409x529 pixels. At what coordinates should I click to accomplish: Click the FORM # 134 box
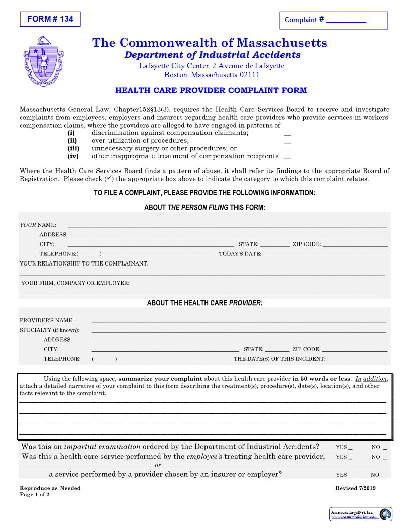click(50, 19)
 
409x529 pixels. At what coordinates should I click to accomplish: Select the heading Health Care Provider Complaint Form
click(211, 91)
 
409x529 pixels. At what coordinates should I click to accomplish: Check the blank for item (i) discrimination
click(287, 134)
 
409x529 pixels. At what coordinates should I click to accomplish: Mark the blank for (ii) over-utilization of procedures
click(287, 142)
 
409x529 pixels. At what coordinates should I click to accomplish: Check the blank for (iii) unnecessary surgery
click(287, 149)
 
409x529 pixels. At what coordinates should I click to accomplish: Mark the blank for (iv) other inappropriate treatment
click(287, 157)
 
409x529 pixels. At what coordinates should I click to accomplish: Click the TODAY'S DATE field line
click(325, 254)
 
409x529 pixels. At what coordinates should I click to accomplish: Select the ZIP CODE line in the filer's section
click(354, 245)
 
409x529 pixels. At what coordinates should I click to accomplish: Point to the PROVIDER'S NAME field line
click(239, 321)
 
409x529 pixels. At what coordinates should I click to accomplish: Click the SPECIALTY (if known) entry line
click(239, 331)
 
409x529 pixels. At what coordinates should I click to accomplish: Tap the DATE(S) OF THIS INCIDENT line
click(358, 359)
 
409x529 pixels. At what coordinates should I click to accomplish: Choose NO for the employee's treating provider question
click(385, 457)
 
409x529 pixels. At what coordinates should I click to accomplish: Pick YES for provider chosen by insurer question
click(350, 475)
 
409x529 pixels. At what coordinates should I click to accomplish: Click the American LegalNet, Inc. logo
click(361, 514)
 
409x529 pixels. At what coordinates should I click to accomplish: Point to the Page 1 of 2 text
click(35, 494)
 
